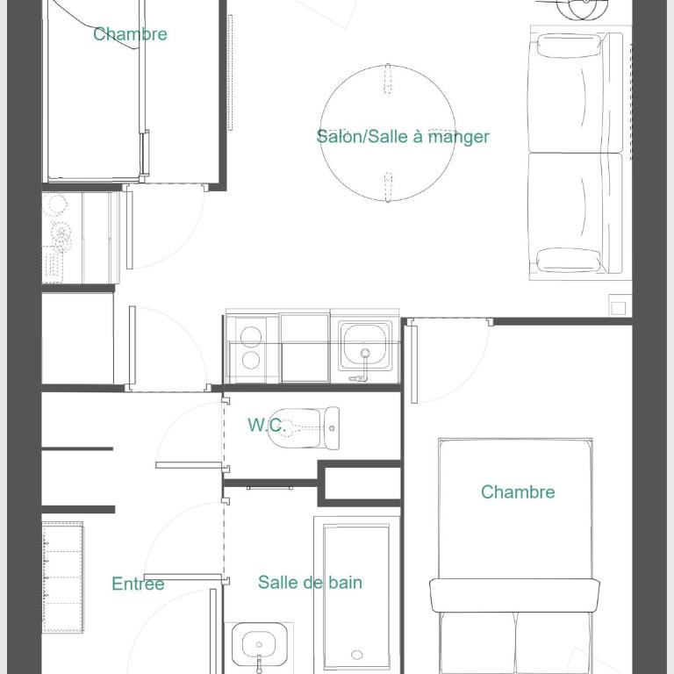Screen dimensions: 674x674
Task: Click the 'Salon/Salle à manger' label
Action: point(403,137)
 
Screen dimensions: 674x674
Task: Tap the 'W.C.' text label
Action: point(267,425)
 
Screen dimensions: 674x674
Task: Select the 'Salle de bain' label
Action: point(310,583)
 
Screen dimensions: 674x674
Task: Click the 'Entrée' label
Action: point(138,584)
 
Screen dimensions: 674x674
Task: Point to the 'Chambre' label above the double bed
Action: point(518,492)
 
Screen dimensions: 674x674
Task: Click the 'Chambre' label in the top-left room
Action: point(130,34)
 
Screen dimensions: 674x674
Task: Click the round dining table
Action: point(388,133)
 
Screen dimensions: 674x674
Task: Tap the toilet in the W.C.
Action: point(303,428)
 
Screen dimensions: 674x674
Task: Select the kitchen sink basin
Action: point(364,346)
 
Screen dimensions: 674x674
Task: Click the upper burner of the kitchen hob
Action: point(251,336)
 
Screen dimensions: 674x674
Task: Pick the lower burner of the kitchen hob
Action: point(251,360)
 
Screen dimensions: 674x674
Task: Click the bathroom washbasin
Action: point(259,645)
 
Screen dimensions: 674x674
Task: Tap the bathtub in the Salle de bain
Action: point(356,595)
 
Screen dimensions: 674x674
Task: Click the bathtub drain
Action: point(357,655)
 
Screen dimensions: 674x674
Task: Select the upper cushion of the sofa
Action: point(570,46)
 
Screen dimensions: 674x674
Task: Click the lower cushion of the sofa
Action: point(569,260)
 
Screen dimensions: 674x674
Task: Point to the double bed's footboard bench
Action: point(514,595)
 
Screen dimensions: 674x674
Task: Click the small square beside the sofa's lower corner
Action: point(619,308)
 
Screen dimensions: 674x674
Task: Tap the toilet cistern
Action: point(332,428)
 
